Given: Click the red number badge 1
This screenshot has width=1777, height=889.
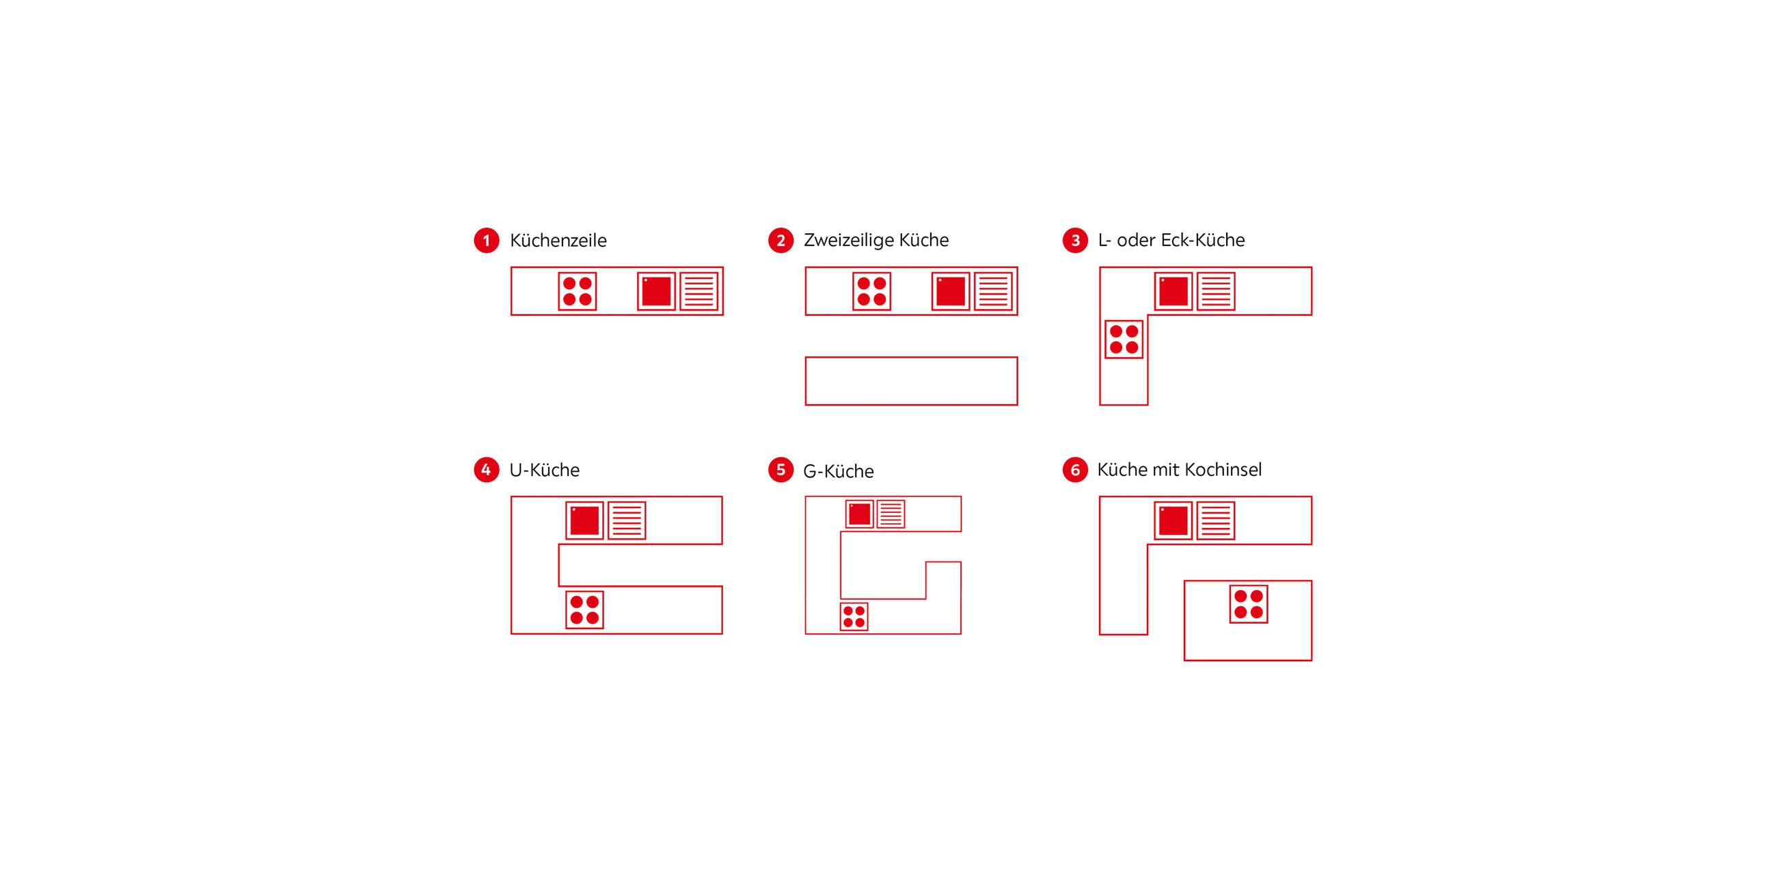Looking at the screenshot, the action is pos(487,240).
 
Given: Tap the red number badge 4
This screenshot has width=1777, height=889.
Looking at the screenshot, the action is pos(487,470).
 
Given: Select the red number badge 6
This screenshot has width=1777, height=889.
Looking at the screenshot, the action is pos(1075,470).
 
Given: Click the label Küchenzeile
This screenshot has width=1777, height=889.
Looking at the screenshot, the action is pos(558,240).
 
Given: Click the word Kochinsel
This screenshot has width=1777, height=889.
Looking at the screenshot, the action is pos(1222,469).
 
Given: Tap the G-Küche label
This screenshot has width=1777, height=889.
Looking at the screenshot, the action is pos(838,470).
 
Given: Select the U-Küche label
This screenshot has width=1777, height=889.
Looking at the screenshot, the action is pos(544,470).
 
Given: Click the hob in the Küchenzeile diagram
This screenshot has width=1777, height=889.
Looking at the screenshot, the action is pos(578,291).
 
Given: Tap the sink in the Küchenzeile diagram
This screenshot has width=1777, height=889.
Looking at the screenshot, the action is pos(656,291).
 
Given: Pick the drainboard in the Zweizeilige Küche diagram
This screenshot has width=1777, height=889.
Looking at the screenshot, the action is pos(993,291).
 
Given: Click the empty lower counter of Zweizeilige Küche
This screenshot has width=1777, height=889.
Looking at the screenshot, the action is pos(911,381).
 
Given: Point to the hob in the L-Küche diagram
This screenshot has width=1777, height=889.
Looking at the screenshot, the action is pos(1124,339).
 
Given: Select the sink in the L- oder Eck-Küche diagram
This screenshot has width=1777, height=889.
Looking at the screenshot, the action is pos(1174,291).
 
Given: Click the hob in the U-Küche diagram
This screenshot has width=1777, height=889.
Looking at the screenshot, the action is pos(584,609).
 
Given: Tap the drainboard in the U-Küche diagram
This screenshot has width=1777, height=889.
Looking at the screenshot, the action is pos(626,520).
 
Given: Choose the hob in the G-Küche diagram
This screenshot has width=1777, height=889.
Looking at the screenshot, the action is pos(854,616).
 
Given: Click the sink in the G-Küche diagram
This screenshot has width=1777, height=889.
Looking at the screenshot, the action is pos(860,514).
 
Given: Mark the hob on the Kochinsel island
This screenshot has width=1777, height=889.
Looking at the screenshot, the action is pos(1249,604).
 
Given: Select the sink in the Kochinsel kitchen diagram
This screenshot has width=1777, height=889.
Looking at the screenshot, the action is pos(1174,520).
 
